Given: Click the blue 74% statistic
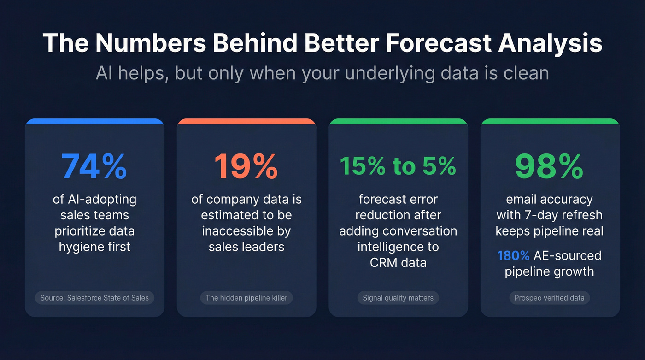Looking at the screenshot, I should (94, 166).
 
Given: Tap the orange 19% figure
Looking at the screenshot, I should (246, 166).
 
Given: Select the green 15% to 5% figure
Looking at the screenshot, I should (398, 166).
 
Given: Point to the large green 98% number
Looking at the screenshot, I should (550, 166).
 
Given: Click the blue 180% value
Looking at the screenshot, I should (513, 256).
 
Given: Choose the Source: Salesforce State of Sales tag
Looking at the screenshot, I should (94, 298).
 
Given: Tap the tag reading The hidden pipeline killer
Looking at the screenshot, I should (246, 298).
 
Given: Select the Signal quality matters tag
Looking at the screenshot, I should (398, 298).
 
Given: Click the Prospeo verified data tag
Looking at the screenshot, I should (550, 298).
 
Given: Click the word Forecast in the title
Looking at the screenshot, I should (436, 43).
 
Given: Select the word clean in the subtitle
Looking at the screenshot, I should (523, 73).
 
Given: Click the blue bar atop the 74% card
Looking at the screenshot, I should (94, 122).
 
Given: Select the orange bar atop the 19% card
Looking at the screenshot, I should (246, 122).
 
